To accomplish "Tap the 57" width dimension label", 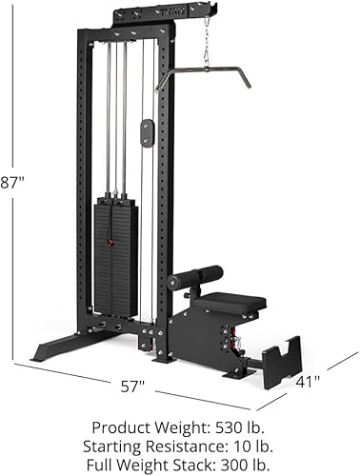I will coord(133,386).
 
